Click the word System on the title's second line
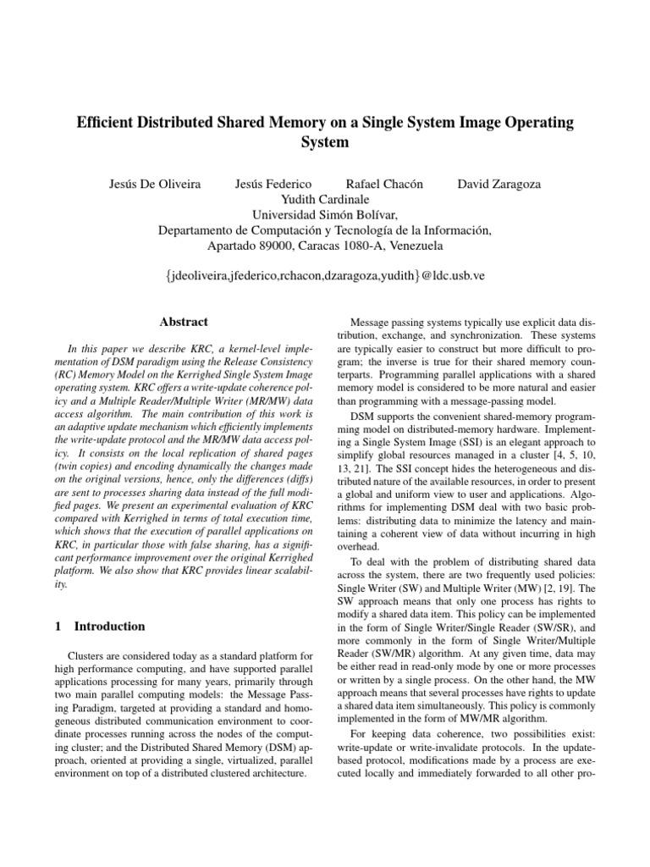[325, 142]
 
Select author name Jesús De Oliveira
[156, 184]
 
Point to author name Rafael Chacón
[384, 184]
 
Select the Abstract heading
[184, 322]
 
